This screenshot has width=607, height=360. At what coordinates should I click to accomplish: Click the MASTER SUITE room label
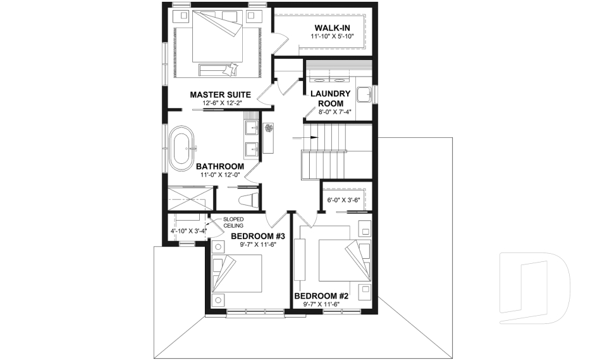[216, 95]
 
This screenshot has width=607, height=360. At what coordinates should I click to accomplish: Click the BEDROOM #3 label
[258, 237]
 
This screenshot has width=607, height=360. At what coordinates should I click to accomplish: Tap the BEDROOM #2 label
[321, 296]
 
